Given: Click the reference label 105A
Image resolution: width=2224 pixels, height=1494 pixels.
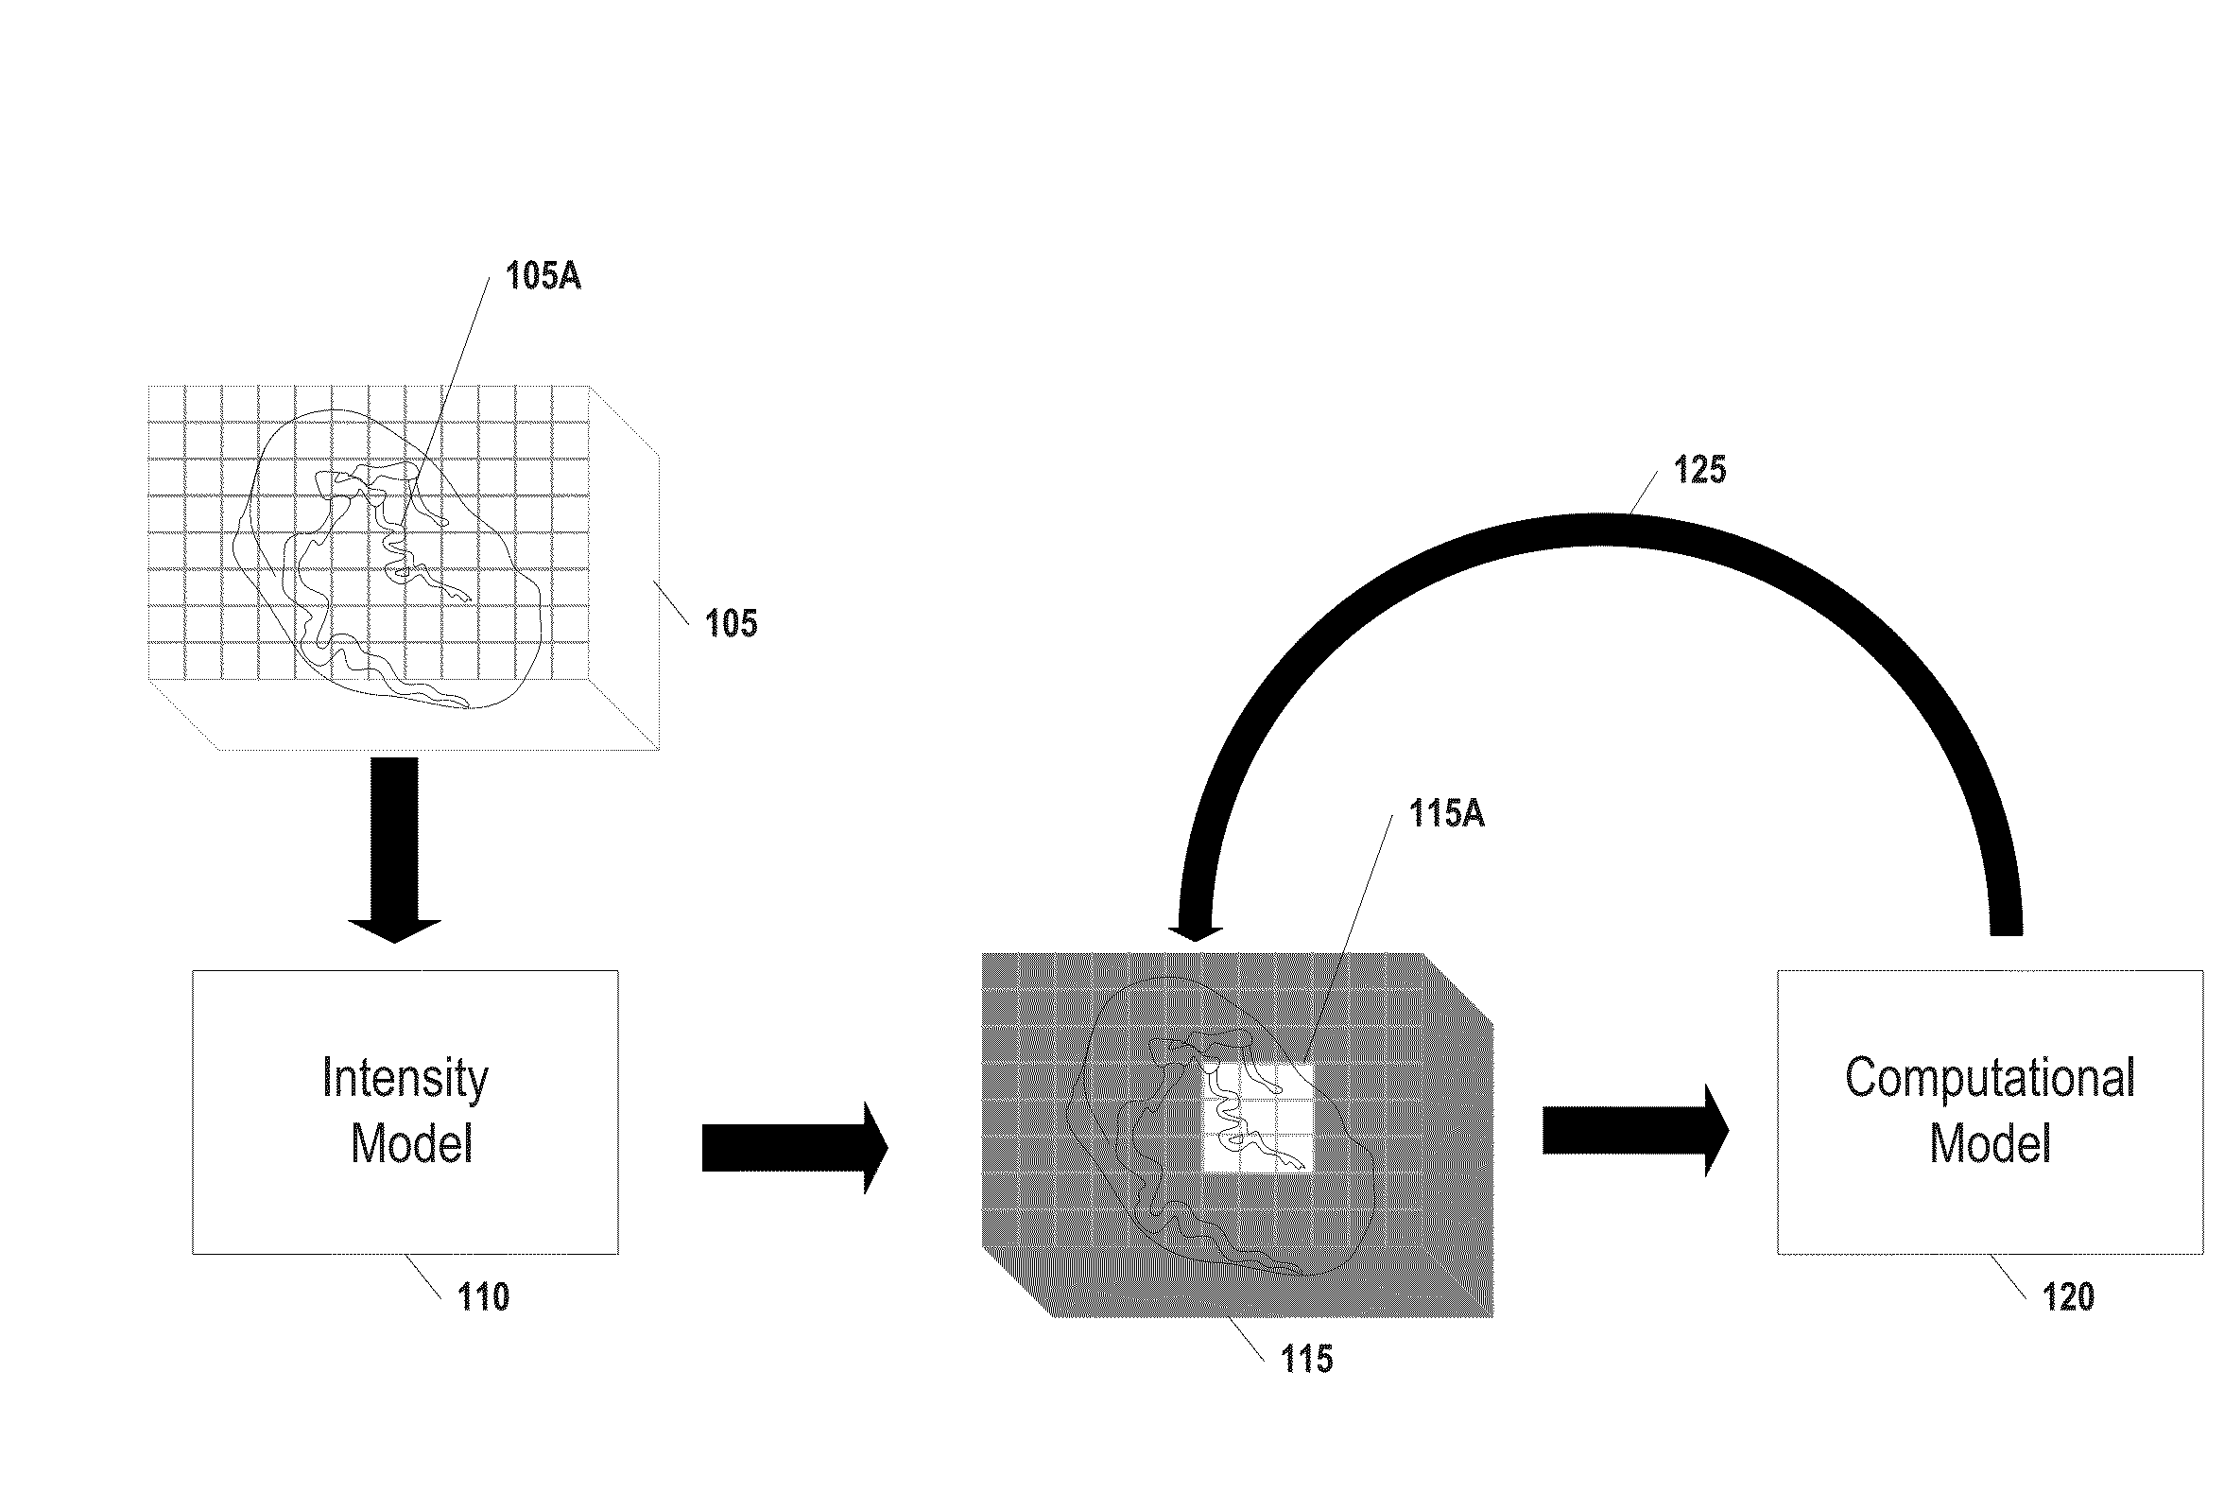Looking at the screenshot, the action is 543,276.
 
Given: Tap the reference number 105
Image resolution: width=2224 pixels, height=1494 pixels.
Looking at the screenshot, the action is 731,623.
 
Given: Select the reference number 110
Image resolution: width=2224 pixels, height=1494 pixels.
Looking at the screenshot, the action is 483,1296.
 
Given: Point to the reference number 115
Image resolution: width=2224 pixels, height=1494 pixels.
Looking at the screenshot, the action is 1307,1359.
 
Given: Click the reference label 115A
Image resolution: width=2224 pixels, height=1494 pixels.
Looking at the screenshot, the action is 1446,814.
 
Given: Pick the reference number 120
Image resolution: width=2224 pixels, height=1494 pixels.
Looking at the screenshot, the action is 2068,1296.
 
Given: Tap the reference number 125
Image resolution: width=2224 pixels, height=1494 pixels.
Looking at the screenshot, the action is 1699,470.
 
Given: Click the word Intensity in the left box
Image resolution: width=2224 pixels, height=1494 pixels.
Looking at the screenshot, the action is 405,1080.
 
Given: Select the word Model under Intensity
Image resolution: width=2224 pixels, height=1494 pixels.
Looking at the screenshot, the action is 411,1143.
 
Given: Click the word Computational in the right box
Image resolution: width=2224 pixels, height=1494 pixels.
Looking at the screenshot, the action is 1990,1080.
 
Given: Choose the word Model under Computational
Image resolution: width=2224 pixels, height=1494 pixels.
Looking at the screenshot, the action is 1990,1143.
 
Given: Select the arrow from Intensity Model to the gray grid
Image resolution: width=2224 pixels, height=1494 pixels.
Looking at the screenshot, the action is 795,1148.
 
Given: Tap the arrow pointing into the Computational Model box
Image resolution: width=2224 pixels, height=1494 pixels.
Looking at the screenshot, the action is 1635,1131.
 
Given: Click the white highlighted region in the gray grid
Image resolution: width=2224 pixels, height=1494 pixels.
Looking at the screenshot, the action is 1258,1118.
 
